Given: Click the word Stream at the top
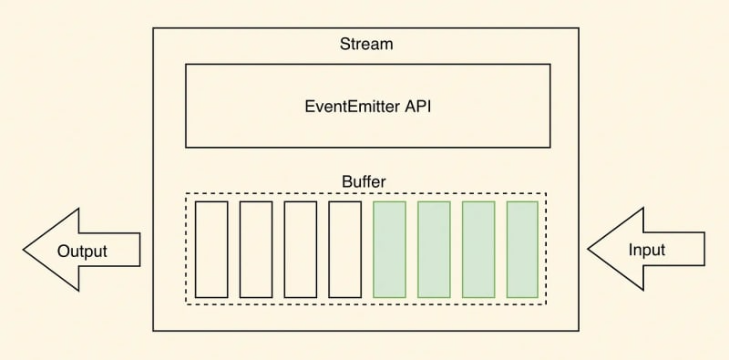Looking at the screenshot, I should [366, 44].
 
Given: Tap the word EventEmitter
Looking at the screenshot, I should [351, 105].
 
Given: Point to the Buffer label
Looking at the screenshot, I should [364, 181].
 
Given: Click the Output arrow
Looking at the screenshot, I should [82, 250].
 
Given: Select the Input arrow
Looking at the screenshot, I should [646, 250].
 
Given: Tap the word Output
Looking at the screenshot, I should [82, 251].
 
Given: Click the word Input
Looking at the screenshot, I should [646, 250].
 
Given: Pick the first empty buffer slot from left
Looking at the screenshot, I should [211, 250].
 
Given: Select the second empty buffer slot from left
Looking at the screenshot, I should [256, 250].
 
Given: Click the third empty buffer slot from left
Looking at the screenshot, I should [300, 250].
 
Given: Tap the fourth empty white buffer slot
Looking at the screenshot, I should [344, 250].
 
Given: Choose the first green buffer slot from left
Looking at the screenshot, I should [389, 250].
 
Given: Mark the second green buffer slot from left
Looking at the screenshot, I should [434, 250].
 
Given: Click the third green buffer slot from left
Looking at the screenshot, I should [478, 250].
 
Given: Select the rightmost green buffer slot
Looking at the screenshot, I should [522, 250].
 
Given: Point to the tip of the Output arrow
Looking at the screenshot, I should [26, 250].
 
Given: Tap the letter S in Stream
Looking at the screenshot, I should [344, 44].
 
